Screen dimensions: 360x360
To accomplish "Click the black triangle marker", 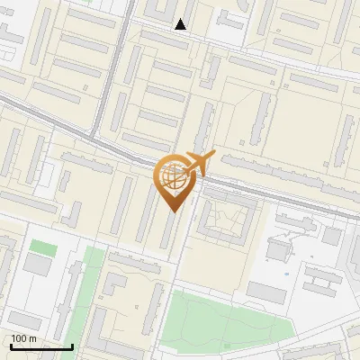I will (181, 24).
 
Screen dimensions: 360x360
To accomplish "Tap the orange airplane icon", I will (197, 164).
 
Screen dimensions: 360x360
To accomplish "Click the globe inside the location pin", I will (173, 177).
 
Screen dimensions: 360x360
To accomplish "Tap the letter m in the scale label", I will (33, 338).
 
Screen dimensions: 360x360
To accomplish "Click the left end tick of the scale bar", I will (11, 346).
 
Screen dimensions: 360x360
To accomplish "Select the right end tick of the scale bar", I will (72, 346).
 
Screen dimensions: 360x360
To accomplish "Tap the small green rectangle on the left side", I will (42, 246).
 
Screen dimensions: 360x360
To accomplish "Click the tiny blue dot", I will (286, 274).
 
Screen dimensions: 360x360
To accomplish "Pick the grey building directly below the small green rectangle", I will (39, 265).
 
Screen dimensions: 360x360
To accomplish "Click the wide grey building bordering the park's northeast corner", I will (266, 292).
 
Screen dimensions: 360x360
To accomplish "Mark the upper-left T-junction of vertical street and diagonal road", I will (95, 135).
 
